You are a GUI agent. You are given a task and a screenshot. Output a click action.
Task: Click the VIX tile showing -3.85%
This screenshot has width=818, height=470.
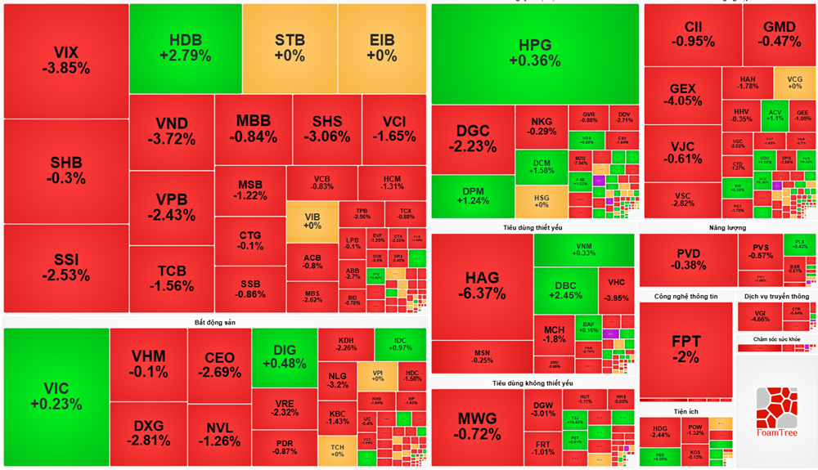click(66, 60)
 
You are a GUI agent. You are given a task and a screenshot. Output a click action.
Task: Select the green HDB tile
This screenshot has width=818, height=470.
click(185, 48)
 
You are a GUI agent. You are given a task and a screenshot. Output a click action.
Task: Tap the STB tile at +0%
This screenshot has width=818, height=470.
click(290, 48)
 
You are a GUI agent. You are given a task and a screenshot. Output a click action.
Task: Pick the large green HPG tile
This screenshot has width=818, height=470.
click(535, 53)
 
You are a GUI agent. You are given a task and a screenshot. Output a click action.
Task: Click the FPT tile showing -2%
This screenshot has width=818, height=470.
click(685, 349)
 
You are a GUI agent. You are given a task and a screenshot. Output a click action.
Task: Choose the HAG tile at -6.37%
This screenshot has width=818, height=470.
click(482, 285)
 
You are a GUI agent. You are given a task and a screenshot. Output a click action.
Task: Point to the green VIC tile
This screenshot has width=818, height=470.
click(56, 396)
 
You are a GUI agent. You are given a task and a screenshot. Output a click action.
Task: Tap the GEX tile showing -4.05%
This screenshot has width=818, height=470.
click(682, 95)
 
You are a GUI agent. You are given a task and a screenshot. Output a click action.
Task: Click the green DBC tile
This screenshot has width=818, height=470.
click(565, 290)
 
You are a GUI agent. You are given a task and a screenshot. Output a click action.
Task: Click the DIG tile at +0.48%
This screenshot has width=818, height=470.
click(284, 357)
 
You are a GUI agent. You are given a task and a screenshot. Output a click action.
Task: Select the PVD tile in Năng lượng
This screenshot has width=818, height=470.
click(687, 258)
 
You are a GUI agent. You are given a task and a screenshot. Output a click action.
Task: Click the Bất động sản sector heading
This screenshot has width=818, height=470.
click(214, 322)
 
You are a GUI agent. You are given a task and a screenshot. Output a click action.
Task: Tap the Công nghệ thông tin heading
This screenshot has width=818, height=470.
click(685, 296)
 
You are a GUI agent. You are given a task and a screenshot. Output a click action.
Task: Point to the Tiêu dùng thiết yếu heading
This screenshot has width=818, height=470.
click(533, 227)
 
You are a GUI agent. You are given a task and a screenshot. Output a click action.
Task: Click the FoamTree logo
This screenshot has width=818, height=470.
click(776, 413)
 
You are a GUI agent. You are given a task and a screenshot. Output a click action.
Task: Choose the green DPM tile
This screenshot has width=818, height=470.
click(472, 196)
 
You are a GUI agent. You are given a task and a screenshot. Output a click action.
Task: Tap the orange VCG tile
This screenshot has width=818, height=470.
click(794, 83)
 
